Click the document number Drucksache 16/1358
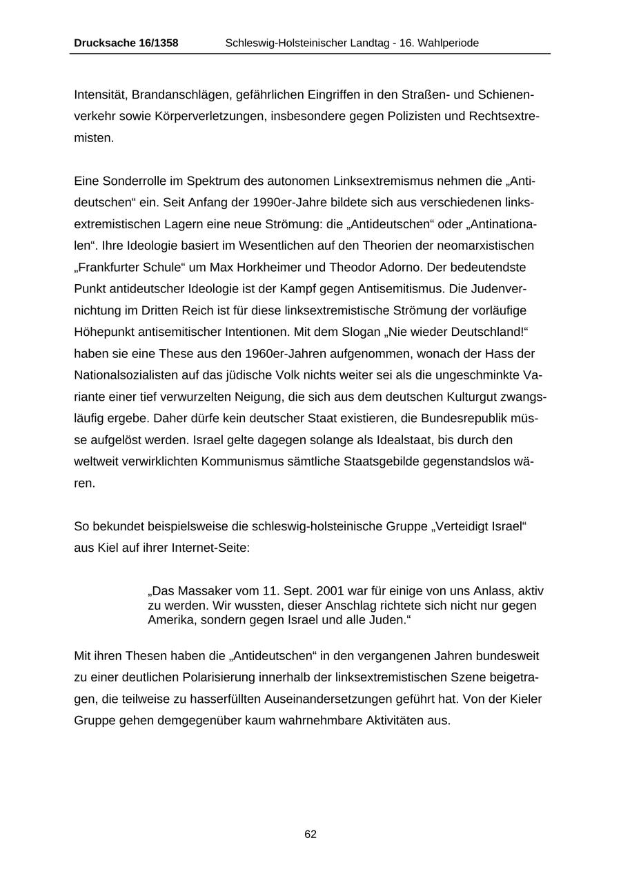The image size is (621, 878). [126, 43]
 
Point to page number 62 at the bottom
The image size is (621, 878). [310, 834]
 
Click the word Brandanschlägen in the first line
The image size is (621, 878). [175, 94]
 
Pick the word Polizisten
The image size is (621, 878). [408, 116]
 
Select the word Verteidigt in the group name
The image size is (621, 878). [462, 526]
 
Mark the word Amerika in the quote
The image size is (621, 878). [170, 619]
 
